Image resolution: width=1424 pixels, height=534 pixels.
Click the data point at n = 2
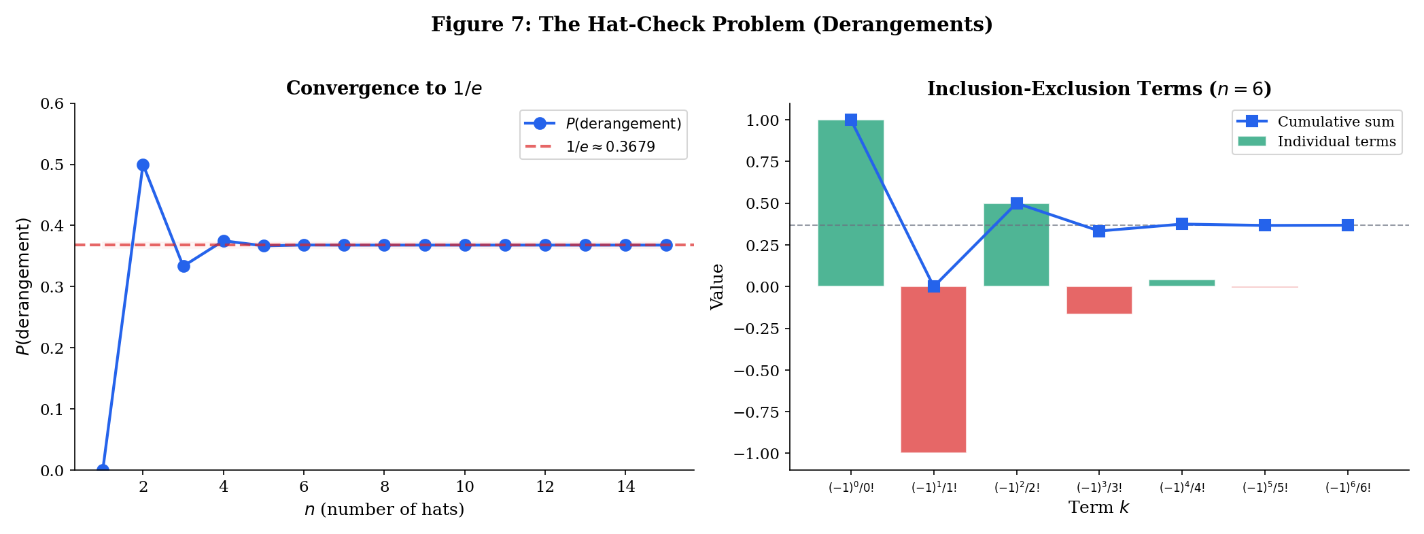143,165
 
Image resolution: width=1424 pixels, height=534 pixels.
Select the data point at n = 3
184,266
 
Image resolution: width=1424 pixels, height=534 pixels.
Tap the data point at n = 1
103,470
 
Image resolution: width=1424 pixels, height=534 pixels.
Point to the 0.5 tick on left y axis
52,165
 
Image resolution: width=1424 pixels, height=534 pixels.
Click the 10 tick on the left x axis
464,487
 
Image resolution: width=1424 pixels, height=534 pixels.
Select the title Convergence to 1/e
384,88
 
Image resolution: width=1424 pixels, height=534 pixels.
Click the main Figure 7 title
712,24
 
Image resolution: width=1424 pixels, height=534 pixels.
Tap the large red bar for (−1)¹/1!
933,369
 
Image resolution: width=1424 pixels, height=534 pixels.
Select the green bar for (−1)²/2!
1016,245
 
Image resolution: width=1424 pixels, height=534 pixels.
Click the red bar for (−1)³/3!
1099,300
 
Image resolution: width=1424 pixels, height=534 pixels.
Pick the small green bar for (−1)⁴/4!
1182,283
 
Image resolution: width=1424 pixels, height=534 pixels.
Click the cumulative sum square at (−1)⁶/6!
1347,225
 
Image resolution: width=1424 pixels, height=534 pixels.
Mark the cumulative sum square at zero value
933,286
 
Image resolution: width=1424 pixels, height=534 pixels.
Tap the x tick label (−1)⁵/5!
1265,488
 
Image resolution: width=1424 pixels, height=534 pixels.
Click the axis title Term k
1098,507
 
